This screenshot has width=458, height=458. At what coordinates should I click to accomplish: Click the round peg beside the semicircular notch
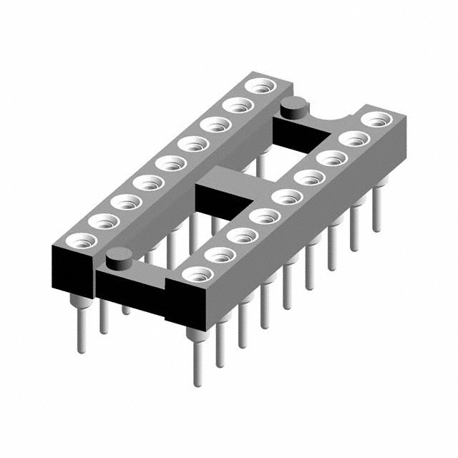(292, 109)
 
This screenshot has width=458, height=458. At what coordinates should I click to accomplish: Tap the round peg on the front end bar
(118, 255)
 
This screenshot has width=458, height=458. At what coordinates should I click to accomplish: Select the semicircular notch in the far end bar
(332, 114)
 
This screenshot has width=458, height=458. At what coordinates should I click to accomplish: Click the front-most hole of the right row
(198, 274)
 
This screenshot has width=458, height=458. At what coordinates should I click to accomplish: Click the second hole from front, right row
(220, 255)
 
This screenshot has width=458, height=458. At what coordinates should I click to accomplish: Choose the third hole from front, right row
(242, 235)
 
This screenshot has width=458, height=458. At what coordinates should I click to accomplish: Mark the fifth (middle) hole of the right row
(286, 196)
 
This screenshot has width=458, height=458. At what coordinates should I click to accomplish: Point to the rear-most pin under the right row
(376, 208)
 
